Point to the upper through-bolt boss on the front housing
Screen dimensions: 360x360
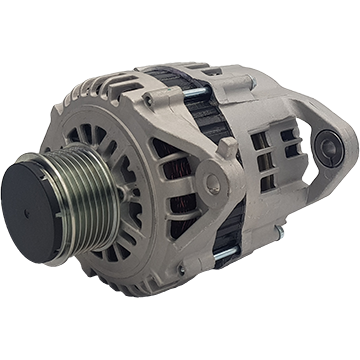tap(151, 99)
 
